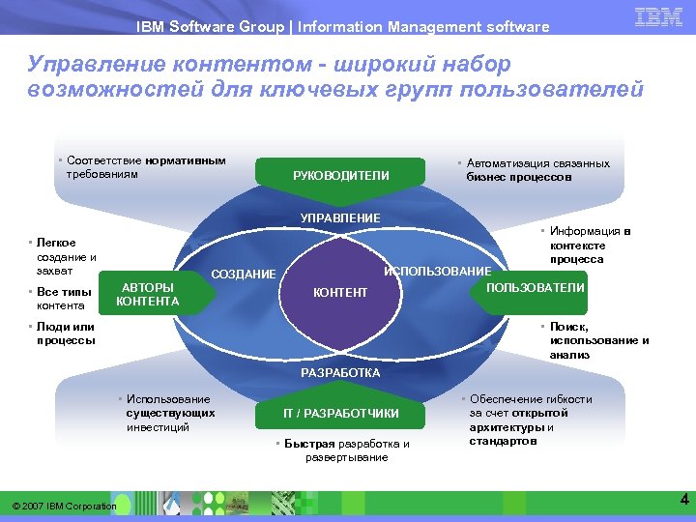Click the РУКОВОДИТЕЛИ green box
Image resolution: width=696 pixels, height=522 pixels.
(340, 175)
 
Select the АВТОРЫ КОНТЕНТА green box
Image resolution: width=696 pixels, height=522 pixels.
(147, 294)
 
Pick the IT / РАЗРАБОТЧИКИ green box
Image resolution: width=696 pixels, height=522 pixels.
(340, 414)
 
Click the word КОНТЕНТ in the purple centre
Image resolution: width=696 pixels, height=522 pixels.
(340, 293)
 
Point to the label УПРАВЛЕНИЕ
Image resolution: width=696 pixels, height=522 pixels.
(340, 217)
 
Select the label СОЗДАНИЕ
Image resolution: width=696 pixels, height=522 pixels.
(243, 275)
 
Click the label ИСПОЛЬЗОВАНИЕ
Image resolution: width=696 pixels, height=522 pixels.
(438, 271)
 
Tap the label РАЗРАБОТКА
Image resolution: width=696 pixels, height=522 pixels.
(340, 372)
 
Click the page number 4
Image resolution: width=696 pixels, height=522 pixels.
(683, 500)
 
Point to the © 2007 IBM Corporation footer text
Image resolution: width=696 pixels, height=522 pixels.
(64, 506)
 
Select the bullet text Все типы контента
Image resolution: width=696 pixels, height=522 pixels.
(64, 299)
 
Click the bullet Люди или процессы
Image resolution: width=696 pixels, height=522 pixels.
(66, 333)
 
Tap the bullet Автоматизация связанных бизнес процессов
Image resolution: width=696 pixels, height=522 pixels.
(537, 170)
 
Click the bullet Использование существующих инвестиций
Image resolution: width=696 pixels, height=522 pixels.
(168, 413)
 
